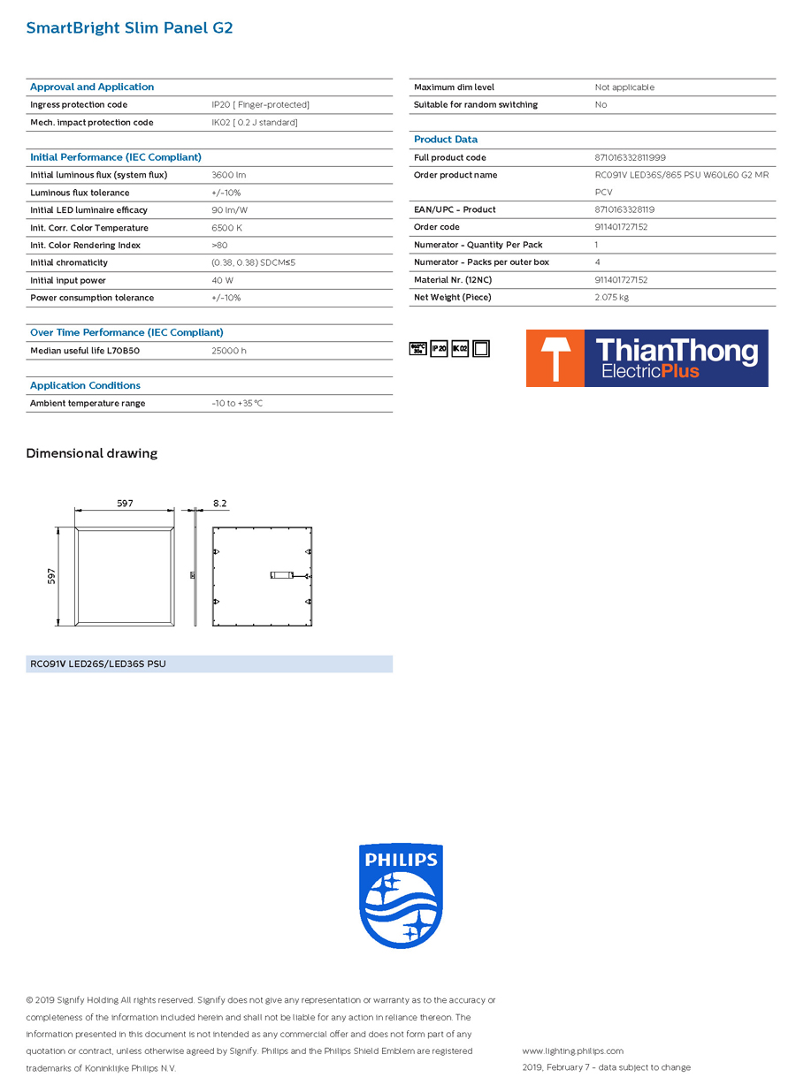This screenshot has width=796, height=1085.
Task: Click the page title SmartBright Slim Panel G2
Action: (129, 28)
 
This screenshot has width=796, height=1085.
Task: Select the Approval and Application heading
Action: (92, 87)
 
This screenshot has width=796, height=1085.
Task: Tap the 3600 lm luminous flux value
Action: (228, 175)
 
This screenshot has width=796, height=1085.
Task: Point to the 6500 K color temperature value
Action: (226, 228)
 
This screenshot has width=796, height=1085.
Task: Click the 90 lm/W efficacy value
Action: (229, 210)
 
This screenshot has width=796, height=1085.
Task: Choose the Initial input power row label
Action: (68, 280)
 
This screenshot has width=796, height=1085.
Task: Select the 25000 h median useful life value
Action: (229, 351)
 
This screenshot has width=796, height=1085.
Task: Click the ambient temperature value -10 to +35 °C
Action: (237, 403)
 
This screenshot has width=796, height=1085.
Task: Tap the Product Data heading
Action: (446, 140)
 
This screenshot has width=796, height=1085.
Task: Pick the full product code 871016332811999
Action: (630, 157)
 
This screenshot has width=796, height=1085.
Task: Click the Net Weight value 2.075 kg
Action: (611, 297)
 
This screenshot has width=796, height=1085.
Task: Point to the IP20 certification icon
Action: (439, 349)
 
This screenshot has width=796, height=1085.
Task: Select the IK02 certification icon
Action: (460, 349)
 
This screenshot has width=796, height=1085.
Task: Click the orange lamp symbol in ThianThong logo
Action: (555, 358)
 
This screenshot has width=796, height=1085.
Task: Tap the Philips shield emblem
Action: (401, 895)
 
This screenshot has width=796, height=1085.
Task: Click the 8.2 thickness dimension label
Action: (219, 504)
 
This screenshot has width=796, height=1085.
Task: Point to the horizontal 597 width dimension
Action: (125, 504)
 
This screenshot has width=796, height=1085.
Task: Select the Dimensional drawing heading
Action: (92, 453)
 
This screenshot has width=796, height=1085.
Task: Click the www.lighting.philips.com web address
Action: (572, 1051)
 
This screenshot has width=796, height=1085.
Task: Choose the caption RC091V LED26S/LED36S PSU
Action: (98, 664)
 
